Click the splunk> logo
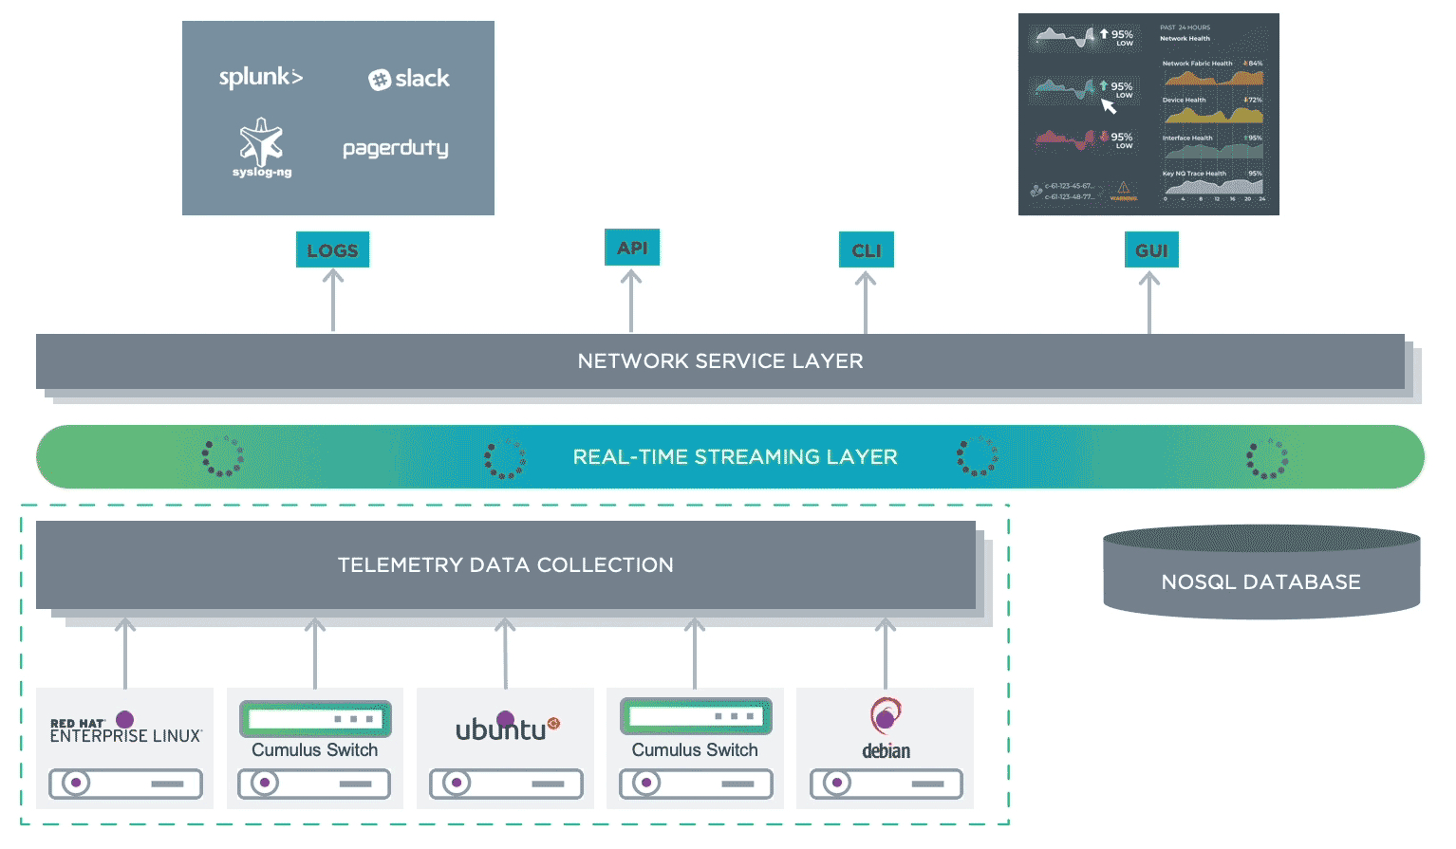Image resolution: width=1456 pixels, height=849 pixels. coord(260,77)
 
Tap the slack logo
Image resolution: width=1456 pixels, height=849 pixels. coord(409,79)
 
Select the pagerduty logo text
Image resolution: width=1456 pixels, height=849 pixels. coord(395,148)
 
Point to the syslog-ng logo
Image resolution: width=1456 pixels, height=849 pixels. coord(261,147)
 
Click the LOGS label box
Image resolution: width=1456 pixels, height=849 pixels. coord(332,250)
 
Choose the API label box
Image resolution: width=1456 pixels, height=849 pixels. coord(632,248)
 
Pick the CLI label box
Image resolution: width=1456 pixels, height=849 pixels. coord(866,250)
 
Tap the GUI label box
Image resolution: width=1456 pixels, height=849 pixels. coord(1150,250)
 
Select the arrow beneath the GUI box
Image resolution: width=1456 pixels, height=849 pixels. coord(1149,303)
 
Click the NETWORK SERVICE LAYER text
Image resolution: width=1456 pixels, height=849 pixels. coord(720,361)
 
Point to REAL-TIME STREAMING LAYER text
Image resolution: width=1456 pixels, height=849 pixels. coord(735,457)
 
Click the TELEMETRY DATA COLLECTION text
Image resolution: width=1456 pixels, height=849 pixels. coord(505,565)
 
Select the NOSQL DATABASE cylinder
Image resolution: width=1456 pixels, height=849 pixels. coord(1260,574)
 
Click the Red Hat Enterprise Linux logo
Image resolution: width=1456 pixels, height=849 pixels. coord(125,729)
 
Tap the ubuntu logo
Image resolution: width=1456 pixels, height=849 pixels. coord(506,729)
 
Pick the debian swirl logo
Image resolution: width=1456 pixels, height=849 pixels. coord(886,716)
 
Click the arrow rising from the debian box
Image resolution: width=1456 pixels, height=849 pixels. coord(886,654)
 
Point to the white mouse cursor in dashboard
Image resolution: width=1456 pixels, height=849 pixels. coord(1108,105)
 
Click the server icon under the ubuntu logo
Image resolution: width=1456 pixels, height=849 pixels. coord(506,784)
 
